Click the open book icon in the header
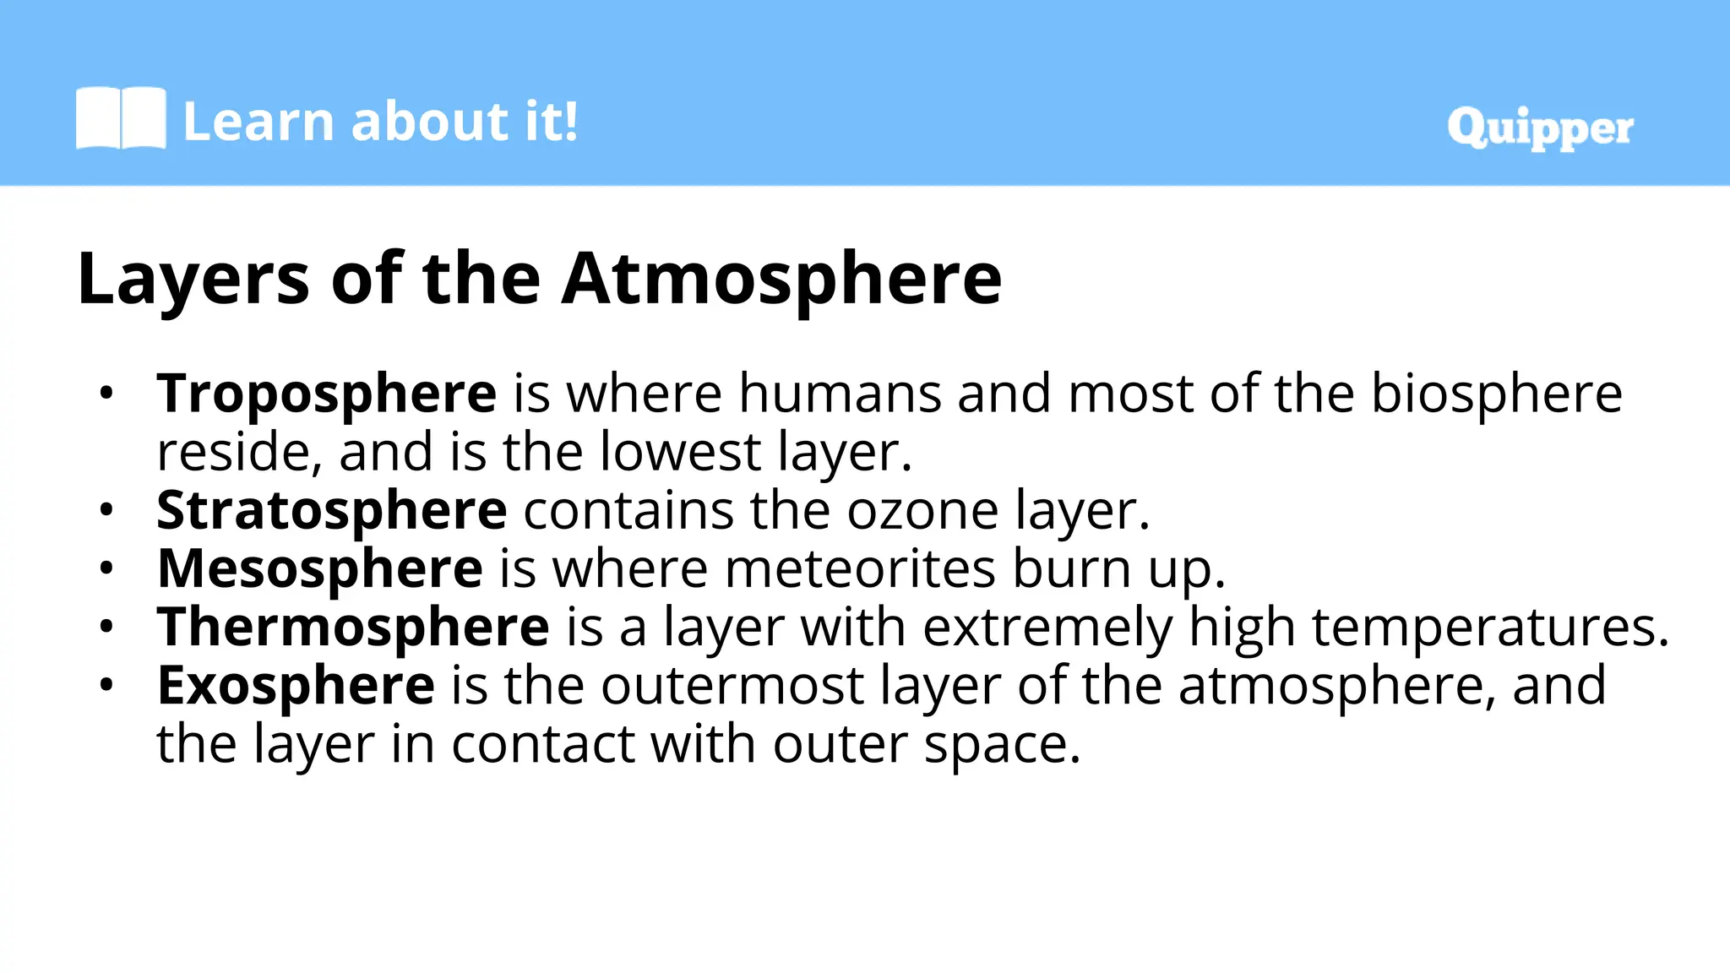(x=121, y=118)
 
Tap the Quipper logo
(x=1540, y=128)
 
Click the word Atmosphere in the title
(x=782, y=279)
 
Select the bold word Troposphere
(x=327, y=394)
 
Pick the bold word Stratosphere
(x=332, y=510)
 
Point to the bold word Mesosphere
(x=320, y=568)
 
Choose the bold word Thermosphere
(x=353, y=627)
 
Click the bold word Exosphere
(x=296, y=685)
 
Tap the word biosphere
(x=1496, y=394)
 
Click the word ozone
(x=922, y=510)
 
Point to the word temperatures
(x=1490, y=627)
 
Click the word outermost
(x=732, y=685)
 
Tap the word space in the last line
(x=1002, y=744)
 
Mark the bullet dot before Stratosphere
(x=106, y=510)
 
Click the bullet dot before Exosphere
(x=106, y=685)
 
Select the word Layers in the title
(x=193, y=279)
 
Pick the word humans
(x=841, y=394)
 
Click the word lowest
(x=681, y=452)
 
